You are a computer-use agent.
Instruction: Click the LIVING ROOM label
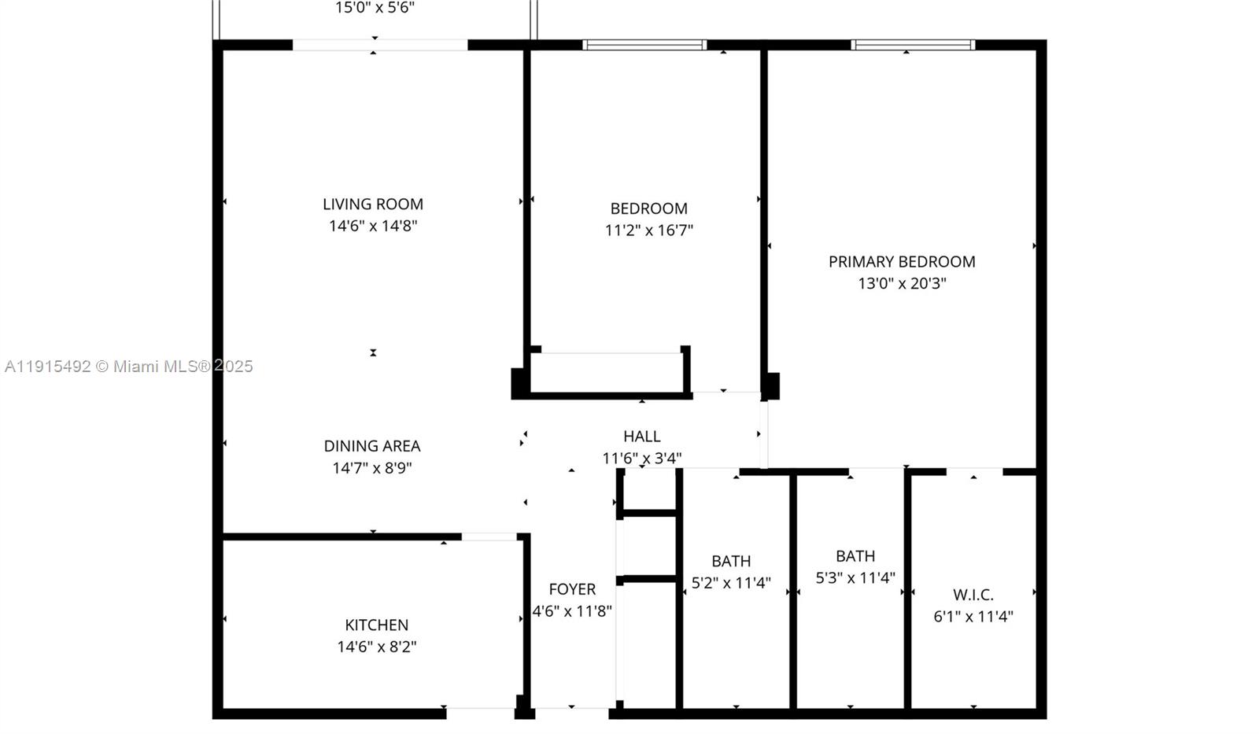373,205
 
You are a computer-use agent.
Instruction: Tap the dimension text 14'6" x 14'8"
373,227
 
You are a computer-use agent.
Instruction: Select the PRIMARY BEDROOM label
902,262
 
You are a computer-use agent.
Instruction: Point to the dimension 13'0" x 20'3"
902,283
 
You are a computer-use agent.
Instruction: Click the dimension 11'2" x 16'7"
649,231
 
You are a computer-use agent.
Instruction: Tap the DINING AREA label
372,446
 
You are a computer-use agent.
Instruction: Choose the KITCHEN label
376,625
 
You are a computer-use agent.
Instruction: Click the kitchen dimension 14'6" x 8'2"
376,647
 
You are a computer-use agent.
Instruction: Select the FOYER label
572,589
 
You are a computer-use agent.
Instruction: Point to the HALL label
642,437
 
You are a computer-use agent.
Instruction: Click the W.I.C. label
973,596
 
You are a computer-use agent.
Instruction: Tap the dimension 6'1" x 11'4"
973,617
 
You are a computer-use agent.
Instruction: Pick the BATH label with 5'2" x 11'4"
731,562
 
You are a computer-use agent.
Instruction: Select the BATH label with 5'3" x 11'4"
855,556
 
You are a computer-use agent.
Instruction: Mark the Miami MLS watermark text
128,367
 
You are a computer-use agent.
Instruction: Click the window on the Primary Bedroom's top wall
913,45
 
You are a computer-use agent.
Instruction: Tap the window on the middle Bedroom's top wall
644,45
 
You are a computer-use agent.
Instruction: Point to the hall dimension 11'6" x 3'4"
642,458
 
